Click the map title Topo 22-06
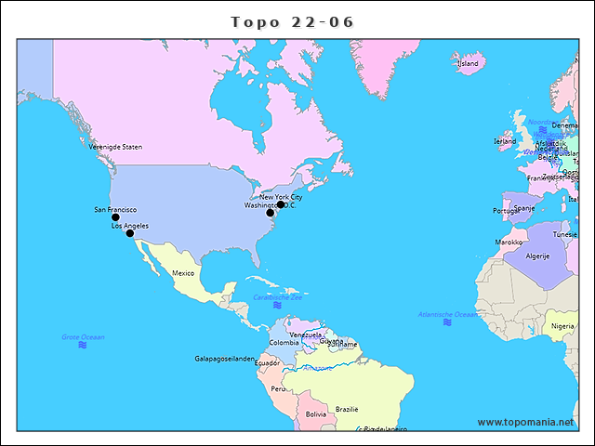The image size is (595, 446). point(293,21)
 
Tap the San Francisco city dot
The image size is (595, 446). point(115,217)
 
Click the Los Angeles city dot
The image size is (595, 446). point(130,233)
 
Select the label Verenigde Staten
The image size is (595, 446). point(115,147)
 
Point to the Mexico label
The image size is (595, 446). point(183,273)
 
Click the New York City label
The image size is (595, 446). point(281,197)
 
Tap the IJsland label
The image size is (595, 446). point(468,63)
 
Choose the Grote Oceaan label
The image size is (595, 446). point(83,337)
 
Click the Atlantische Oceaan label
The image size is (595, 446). point(448,315)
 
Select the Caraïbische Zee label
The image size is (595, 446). point(278,297)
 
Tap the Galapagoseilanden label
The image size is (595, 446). point(224,359)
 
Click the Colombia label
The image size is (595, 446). point(284,342)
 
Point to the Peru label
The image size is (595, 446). point(279,388)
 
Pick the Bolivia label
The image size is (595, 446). point(316,413)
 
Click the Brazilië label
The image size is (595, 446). point(347,409)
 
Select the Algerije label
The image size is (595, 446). point(538,256)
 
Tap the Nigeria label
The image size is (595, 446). point(562,326)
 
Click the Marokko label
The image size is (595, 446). point(509,242)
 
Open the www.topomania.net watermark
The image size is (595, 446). point(526,422)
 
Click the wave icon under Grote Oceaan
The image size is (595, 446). point(83,346)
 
